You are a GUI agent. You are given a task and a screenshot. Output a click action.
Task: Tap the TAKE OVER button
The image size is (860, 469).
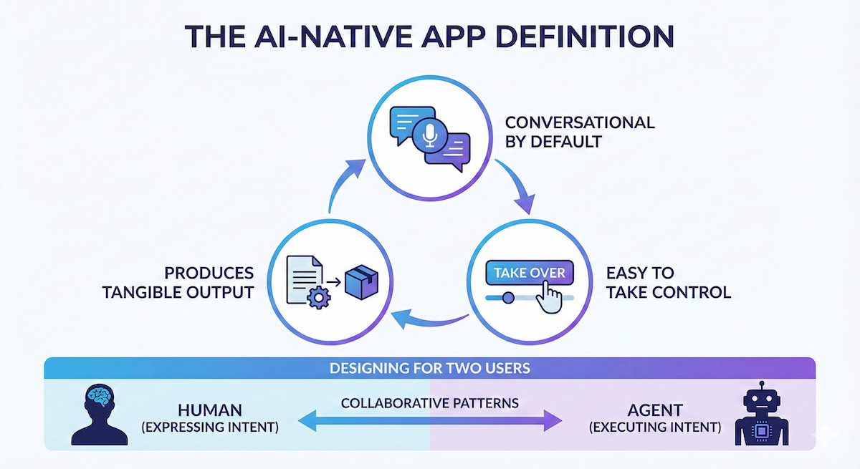pos(529,273)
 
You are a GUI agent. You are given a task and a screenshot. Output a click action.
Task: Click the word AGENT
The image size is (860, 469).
pos(654,410)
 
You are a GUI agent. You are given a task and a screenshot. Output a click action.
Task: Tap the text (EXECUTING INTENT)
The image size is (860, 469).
pos(654,428)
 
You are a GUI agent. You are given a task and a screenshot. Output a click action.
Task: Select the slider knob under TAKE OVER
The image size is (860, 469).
pos(507,296)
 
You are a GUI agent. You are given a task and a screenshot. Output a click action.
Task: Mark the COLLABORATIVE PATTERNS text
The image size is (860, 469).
pos(429,402)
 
